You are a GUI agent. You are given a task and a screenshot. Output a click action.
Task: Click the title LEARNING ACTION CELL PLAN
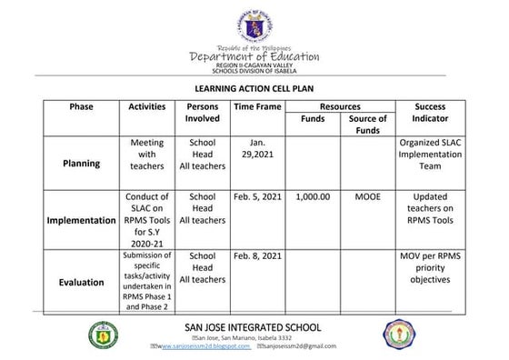pos(254,91)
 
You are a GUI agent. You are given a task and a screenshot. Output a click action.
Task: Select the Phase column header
pos(82,107)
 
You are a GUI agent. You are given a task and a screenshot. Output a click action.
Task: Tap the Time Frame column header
pos(257,107)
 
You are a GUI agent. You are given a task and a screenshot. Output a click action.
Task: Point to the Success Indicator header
pos(430,113)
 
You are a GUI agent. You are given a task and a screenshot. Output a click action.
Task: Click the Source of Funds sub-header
pos(368,125)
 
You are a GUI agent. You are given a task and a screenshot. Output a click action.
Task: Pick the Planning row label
pos(82,164)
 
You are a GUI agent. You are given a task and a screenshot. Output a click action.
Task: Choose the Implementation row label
pos(82,221)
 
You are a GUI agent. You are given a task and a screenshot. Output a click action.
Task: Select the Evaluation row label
pos(82,282)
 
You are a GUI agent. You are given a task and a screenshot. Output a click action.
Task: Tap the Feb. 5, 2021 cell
pos(257,196)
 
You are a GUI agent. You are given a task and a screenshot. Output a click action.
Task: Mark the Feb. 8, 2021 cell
pos(257,256)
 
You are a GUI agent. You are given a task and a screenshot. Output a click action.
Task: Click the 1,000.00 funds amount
pos(313,196)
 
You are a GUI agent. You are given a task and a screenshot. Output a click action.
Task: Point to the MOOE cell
pos(368,196)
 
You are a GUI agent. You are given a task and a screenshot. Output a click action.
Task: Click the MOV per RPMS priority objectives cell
pos(430,268)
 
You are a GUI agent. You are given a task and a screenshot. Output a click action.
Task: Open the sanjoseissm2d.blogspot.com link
pos(204,347)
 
